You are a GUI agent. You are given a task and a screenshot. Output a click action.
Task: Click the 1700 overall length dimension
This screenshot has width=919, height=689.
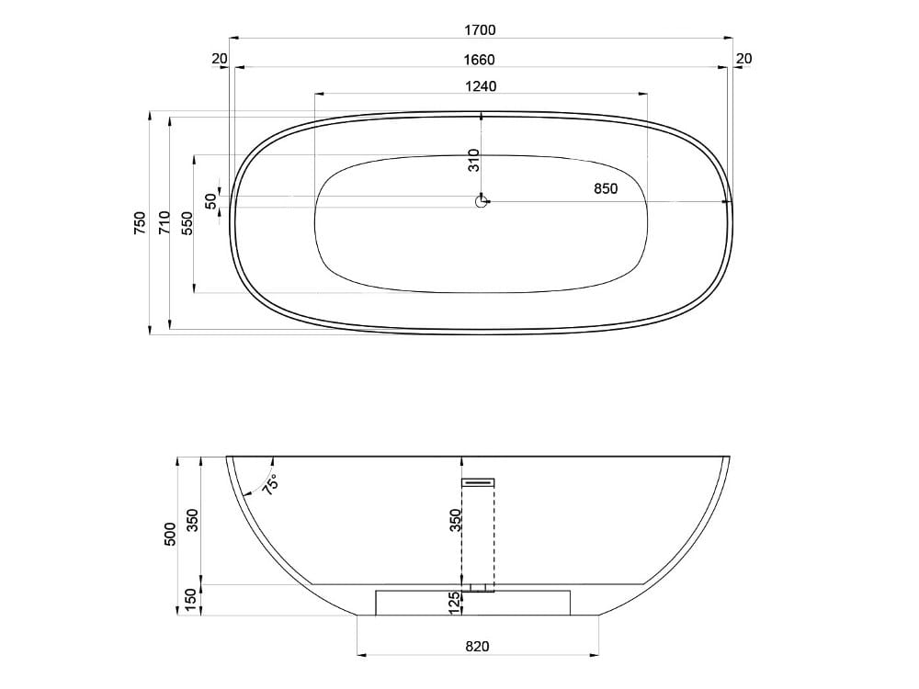tap(480, 29)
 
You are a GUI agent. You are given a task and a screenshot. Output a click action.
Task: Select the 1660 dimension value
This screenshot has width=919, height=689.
tap(480, 60)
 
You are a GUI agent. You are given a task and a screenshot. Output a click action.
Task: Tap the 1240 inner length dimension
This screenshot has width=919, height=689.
tap(480, 86)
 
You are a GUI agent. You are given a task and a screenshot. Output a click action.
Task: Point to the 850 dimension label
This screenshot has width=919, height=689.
tap(605, 188)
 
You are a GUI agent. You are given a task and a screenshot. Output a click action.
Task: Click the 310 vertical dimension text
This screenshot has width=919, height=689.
tap(473, 161)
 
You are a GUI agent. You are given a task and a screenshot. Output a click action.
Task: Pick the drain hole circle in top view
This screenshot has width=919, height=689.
tap(481, 200)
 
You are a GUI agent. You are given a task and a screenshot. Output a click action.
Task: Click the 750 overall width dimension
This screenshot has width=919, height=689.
tap(140, 223)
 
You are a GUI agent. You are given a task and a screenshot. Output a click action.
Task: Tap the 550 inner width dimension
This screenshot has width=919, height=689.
tap(187, 223)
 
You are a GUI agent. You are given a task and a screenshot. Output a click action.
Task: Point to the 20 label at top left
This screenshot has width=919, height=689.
tap(219, 59)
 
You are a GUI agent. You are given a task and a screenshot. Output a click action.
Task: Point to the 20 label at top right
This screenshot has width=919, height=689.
tap(744, 59)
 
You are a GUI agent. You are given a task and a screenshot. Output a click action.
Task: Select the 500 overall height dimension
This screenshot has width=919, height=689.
tap(169, 535)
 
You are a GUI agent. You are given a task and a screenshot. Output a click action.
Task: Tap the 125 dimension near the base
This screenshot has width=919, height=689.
tap(454, 604)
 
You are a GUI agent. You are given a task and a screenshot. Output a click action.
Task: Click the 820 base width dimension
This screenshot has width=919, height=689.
tap(477, 646)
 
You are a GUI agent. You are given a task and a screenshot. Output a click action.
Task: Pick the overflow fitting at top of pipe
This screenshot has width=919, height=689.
tap(478, 481)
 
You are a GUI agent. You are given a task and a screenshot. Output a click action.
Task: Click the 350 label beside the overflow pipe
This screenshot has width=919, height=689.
tap(454, 520)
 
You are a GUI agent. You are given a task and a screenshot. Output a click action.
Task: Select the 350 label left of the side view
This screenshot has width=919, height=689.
tap(192, 520)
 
